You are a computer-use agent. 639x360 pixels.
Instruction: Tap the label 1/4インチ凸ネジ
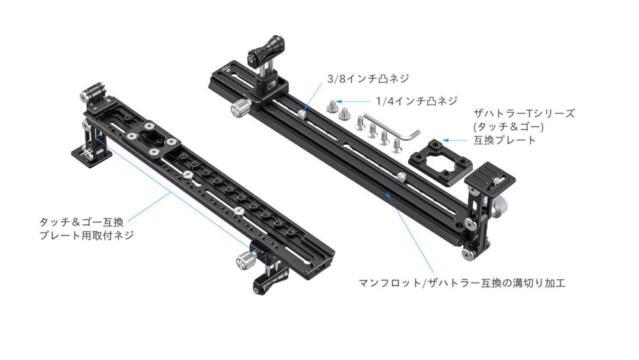(x=416, y=101)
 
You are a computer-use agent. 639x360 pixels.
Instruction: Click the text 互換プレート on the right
(x=505, y=140)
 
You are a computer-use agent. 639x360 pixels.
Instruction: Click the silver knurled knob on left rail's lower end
(x=246, y=260)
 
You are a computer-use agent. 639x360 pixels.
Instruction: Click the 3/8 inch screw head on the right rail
(x=302, y=114)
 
